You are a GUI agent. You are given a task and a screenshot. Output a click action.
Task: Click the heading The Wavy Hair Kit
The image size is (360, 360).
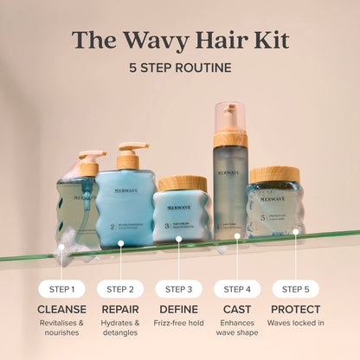pyautogui.click(x=180, y=40)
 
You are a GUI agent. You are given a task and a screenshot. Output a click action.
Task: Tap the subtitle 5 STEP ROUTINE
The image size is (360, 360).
pyautogui.click(x=180, y=67)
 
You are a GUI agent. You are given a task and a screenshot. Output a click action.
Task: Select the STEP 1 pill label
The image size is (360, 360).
pyautogui.click(x=61, y=289)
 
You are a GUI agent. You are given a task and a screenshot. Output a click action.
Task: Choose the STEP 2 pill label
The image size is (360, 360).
pyautogui.click(x=120, y=289)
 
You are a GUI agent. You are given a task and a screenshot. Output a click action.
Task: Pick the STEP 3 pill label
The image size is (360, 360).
pyautogui.click(x=179, y=289)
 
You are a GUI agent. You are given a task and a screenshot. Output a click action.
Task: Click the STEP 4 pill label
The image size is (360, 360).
pyautogui.click(x=237, y=289)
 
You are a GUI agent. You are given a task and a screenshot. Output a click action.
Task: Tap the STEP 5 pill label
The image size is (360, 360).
pyautogui.click(x=295, y=289)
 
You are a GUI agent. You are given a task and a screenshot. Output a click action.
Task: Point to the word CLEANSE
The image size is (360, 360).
pyautogui.click(x=61, y=309)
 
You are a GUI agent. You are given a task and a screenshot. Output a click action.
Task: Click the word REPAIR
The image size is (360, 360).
pyautogui.click(x=120, y=309)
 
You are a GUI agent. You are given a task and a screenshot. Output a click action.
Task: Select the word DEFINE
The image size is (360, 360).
pyautogui.click(x=179, y=309)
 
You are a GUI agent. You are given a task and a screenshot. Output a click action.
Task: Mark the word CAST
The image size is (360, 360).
pyautogui.click(x=237, y=309)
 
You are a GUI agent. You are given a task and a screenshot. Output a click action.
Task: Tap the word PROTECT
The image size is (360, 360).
pyautogui.click(x=295, y=309)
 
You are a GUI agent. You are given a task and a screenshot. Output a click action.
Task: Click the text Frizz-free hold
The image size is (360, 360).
pyautogui.click(x=179, y=323)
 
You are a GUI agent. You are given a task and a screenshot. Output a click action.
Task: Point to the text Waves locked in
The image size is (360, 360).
pyautogui.click(x=295, y=323)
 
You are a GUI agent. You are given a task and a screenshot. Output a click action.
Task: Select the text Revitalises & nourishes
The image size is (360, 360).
pyautogui.click(x=61, y=328)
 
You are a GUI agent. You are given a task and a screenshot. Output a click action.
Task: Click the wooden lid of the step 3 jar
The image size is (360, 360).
pyautogui.click(x=182, y=183)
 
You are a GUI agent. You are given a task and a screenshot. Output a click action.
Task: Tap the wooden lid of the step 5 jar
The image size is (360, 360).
pyautogui.click(x=274, y=174)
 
